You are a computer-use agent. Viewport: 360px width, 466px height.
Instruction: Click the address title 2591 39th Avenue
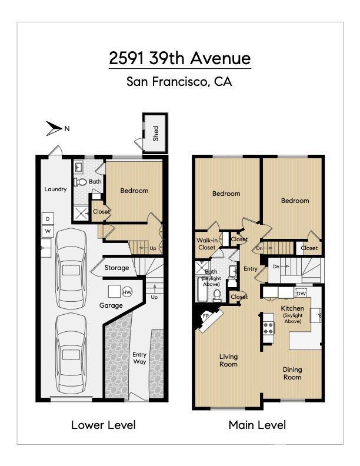179,59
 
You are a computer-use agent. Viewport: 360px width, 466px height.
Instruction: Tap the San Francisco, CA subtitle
179,82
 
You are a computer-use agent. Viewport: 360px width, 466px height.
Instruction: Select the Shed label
156,134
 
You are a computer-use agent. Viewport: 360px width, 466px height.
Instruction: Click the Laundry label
56,189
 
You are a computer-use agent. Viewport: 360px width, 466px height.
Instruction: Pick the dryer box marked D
48,219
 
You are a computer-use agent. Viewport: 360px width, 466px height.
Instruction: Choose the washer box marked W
48,231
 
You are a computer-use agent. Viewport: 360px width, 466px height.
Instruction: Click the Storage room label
116,268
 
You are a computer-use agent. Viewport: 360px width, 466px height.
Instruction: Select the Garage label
111,306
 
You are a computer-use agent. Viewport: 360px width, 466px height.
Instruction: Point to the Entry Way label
139,359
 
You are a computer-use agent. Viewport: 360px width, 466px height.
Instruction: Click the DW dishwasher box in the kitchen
301,294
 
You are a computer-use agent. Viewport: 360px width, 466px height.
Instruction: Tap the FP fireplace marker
206,317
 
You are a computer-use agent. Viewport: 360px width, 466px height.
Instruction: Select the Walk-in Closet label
206,244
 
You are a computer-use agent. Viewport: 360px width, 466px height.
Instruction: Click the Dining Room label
292,374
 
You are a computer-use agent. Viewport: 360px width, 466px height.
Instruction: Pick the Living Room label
228,360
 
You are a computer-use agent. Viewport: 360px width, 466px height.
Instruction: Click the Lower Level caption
103,425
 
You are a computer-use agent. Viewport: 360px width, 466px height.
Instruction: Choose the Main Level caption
257,425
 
